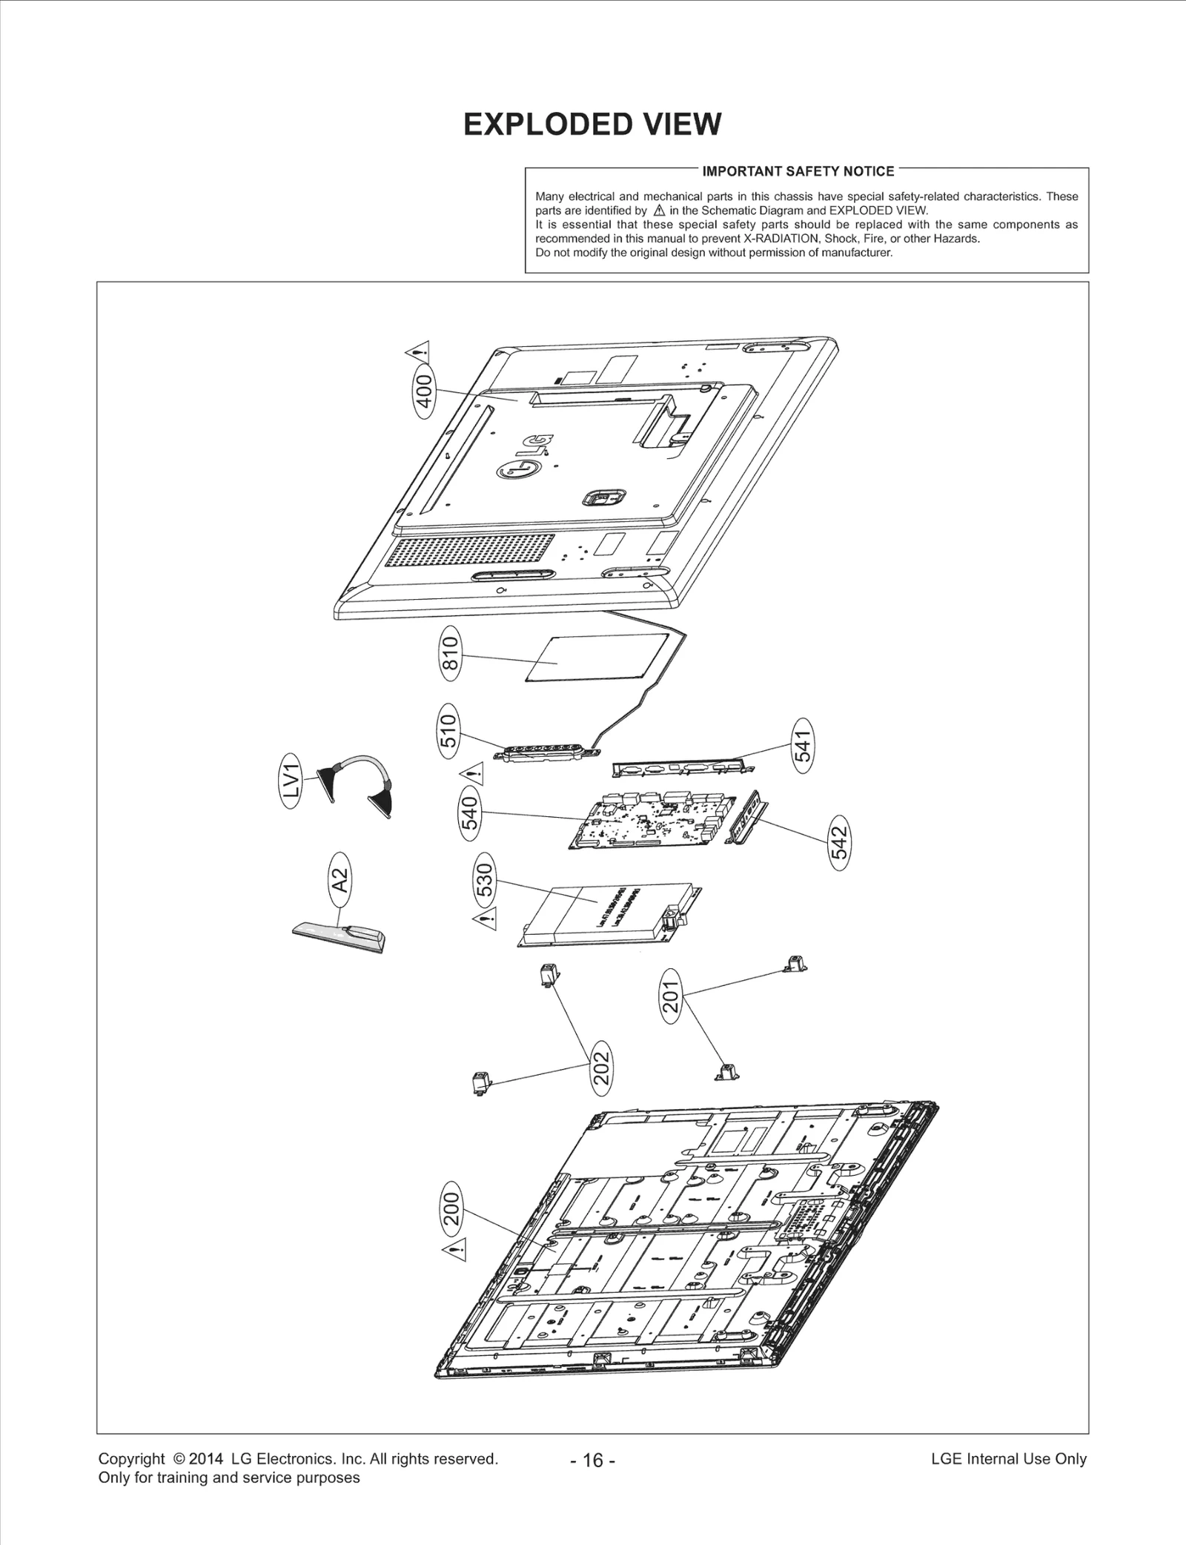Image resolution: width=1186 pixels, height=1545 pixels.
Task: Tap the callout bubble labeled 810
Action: [x=450, y=652]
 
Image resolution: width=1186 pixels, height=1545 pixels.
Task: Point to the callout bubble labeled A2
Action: [x=339, y=879]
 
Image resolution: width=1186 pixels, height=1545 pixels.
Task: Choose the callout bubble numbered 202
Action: [x=601, y=1068]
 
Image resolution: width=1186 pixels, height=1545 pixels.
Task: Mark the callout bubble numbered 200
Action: [x=451, y=1209]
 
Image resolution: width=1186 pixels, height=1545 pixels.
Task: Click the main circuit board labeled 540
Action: [x=652, y=823]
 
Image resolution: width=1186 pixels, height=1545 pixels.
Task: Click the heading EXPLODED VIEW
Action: [x=592, y=125]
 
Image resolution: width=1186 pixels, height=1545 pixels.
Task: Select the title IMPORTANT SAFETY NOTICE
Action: [x=798, y=171]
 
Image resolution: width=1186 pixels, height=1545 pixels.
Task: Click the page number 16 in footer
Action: [x=593, y=1460]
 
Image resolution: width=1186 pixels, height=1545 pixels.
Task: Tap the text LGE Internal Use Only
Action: [x=1008, y=1458]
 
